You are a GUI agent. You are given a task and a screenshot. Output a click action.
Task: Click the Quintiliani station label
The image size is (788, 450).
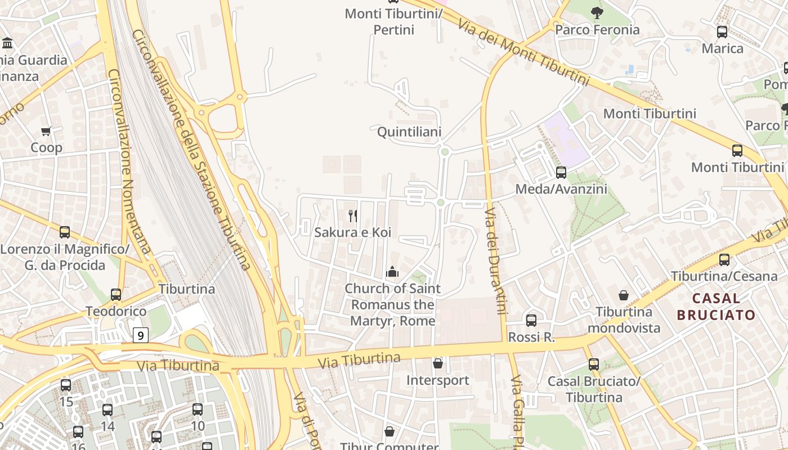coord(409,132)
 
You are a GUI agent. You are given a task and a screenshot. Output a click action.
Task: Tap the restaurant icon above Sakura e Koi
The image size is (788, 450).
coord(353,215)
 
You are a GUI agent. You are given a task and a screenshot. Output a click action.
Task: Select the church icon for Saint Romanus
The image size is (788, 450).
coord(392,272)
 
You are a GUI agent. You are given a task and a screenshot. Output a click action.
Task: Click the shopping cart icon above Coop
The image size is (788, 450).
coord(46,131)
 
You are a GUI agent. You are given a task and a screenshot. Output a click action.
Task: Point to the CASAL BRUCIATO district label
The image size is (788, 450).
coord(716,307)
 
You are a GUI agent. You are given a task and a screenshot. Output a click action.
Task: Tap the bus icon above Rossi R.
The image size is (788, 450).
coord(531,321)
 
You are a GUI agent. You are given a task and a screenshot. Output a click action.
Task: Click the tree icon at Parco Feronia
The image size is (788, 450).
coord(597,12)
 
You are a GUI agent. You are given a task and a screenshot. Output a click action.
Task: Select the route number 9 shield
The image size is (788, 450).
coord(141,336)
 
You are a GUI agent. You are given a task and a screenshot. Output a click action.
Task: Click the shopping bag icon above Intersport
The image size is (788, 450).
coord(438,364)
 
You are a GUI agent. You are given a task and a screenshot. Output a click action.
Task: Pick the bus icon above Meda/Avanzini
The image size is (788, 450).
coord(561,173)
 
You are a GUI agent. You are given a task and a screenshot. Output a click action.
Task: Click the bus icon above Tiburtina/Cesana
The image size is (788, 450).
coord(724,260)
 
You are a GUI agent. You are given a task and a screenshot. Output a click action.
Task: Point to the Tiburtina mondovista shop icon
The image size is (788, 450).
coord(624,295)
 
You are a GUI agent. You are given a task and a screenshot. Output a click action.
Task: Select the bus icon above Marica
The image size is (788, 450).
coord(722,32)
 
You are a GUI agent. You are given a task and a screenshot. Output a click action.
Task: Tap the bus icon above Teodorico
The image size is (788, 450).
coord(116,295)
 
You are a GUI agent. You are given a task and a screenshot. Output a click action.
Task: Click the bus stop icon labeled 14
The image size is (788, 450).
coord(108,410)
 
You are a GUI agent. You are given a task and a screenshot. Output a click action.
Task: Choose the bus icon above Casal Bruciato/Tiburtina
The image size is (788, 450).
coord(594,364)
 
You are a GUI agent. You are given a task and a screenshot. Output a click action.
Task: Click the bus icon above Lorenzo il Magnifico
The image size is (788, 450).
coord(65,232)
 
